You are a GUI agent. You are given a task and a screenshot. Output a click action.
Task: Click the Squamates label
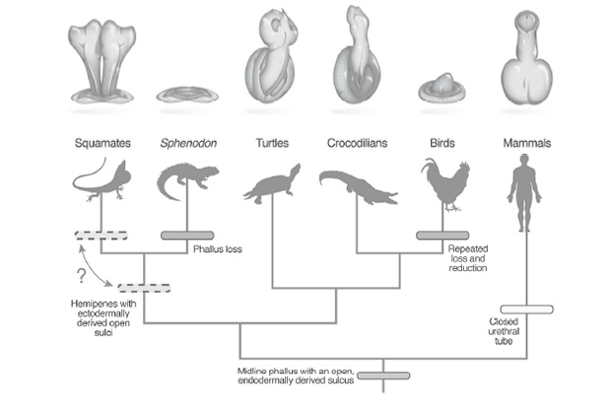click(x=102, y=144)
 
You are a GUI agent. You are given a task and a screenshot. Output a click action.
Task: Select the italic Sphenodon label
click(x=187, y=144)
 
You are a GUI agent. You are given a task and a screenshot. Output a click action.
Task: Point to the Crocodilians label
click(x=359, y=144)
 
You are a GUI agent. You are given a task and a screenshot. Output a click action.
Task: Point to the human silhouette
click(x=524, y=196)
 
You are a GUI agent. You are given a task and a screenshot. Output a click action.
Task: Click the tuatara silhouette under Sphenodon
click(x=187, y=183)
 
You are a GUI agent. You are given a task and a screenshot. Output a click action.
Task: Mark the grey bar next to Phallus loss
click(x=187, y=235)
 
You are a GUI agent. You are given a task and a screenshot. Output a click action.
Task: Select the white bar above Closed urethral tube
click(x=526, y=310)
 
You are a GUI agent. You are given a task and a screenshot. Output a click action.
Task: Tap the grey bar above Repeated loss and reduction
click(x=441, y=235)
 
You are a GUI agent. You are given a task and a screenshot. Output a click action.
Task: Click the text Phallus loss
click(x=219, y=249)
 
